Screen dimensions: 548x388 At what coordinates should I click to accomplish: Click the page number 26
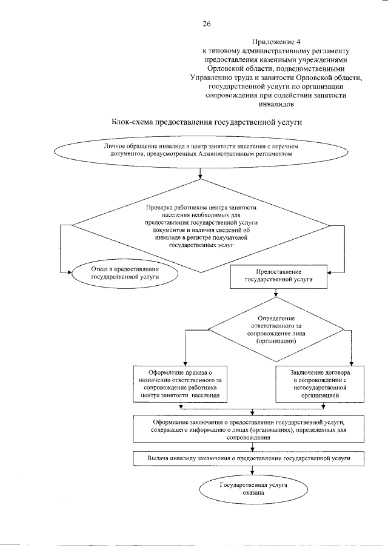[x=206, y=24]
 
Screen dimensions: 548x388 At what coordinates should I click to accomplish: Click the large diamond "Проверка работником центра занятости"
[x=201, y=226]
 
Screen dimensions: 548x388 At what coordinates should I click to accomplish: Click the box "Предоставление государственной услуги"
[x=279, y=276]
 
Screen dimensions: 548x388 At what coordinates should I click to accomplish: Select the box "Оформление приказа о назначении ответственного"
[x=179, y=383]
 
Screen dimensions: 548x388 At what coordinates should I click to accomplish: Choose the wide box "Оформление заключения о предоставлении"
[x=249, y=428]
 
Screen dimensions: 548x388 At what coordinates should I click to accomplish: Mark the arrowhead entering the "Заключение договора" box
[x=350, y=361]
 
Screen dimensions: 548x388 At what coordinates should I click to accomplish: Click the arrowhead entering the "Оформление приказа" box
[x=183, y=361]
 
